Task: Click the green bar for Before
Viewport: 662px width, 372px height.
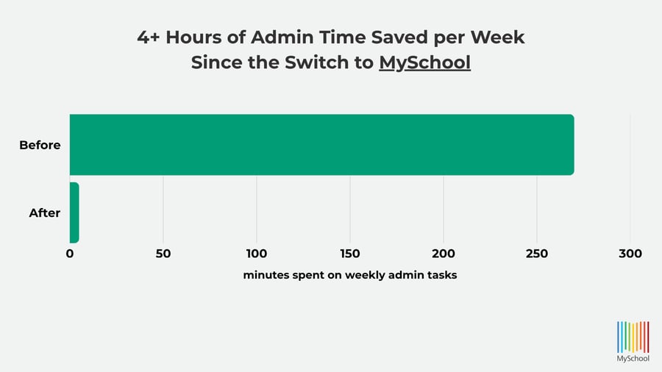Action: click(321, 145)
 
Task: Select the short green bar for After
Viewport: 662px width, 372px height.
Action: click(74, 212)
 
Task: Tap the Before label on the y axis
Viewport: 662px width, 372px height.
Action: click(40, 146)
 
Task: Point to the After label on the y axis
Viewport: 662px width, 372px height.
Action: click(44, 213)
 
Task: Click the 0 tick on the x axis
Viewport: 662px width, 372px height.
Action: click(70, 254)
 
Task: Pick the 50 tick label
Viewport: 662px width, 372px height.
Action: click(163, 254)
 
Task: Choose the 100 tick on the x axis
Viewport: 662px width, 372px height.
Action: click(257, 254)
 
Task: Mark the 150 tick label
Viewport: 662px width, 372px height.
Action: click(350, 254)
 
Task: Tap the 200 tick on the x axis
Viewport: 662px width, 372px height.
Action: click(444, 254)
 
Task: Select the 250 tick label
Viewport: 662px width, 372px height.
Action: click(537, 254)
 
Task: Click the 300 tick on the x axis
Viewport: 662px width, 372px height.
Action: click(630, 254)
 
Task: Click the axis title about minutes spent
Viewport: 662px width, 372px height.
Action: click(350, 276)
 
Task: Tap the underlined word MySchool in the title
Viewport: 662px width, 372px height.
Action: click(424, 62)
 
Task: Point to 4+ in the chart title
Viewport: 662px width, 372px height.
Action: click(149, 37)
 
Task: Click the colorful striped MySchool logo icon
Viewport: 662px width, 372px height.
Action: click(633, 335)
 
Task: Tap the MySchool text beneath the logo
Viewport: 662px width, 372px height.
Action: click(633, 360)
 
